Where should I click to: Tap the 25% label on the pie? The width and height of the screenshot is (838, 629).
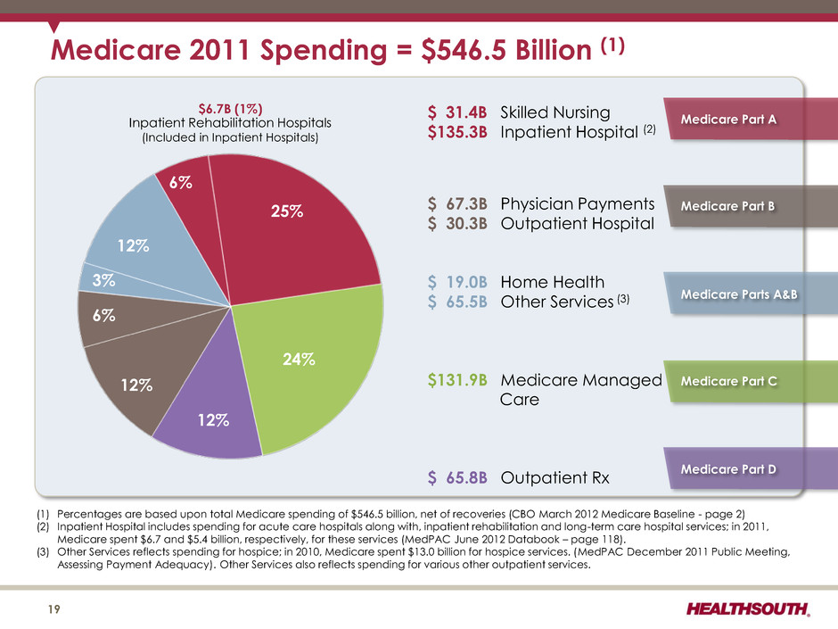coord(287,211)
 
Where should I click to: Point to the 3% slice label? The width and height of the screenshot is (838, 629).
coord(103,280)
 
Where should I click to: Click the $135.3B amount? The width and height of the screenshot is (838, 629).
coord(457,132)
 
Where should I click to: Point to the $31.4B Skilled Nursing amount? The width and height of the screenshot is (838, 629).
coord(457,112)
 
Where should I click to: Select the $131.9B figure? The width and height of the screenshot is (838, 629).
coord(457,380)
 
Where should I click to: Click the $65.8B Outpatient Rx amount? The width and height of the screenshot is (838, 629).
coord(457,477)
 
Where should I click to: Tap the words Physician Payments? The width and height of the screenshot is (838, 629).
coord(577,204)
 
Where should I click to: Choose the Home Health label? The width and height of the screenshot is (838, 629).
coord(553,282)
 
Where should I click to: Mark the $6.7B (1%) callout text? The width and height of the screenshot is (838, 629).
coord(230,109)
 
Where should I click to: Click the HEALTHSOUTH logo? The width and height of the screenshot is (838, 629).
coord(748,608)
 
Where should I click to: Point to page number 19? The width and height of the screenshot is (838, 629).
coord(54,609)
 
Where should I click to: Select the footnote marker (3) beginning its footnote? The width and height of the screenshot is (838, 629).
coord(42,551)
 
